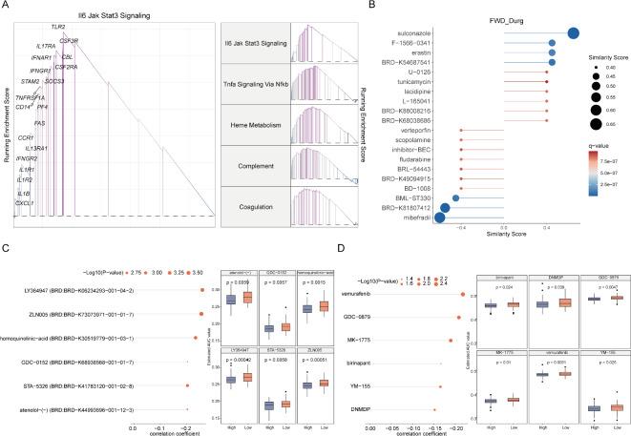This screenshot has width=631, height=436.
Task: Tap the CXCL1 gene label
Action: point(25,203)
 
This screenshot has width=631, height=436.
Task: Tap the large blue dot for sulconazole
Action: point(575,32)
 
